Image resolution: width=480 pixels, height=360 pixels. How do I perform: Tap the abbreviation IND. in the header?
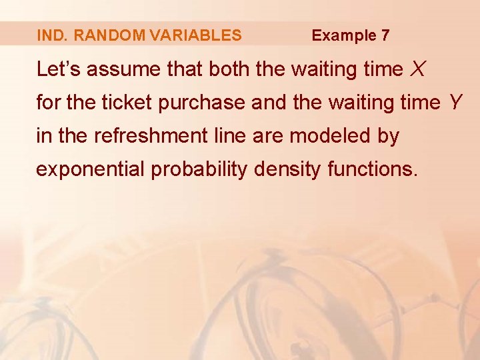[53, 35]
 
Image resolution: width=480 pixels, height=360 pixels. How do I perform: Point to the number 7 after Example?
[385, 35]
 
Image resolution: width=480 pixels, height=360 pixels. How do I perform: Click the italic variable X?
[419, 69]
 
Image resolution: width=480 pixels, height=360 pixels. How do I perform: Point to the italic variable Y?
[455, 103]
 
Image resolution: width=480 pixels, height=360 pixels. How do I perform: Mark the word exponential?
[91, 170]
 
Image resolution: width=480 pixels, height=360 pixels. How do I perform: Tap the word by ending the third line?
[388, 137]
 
